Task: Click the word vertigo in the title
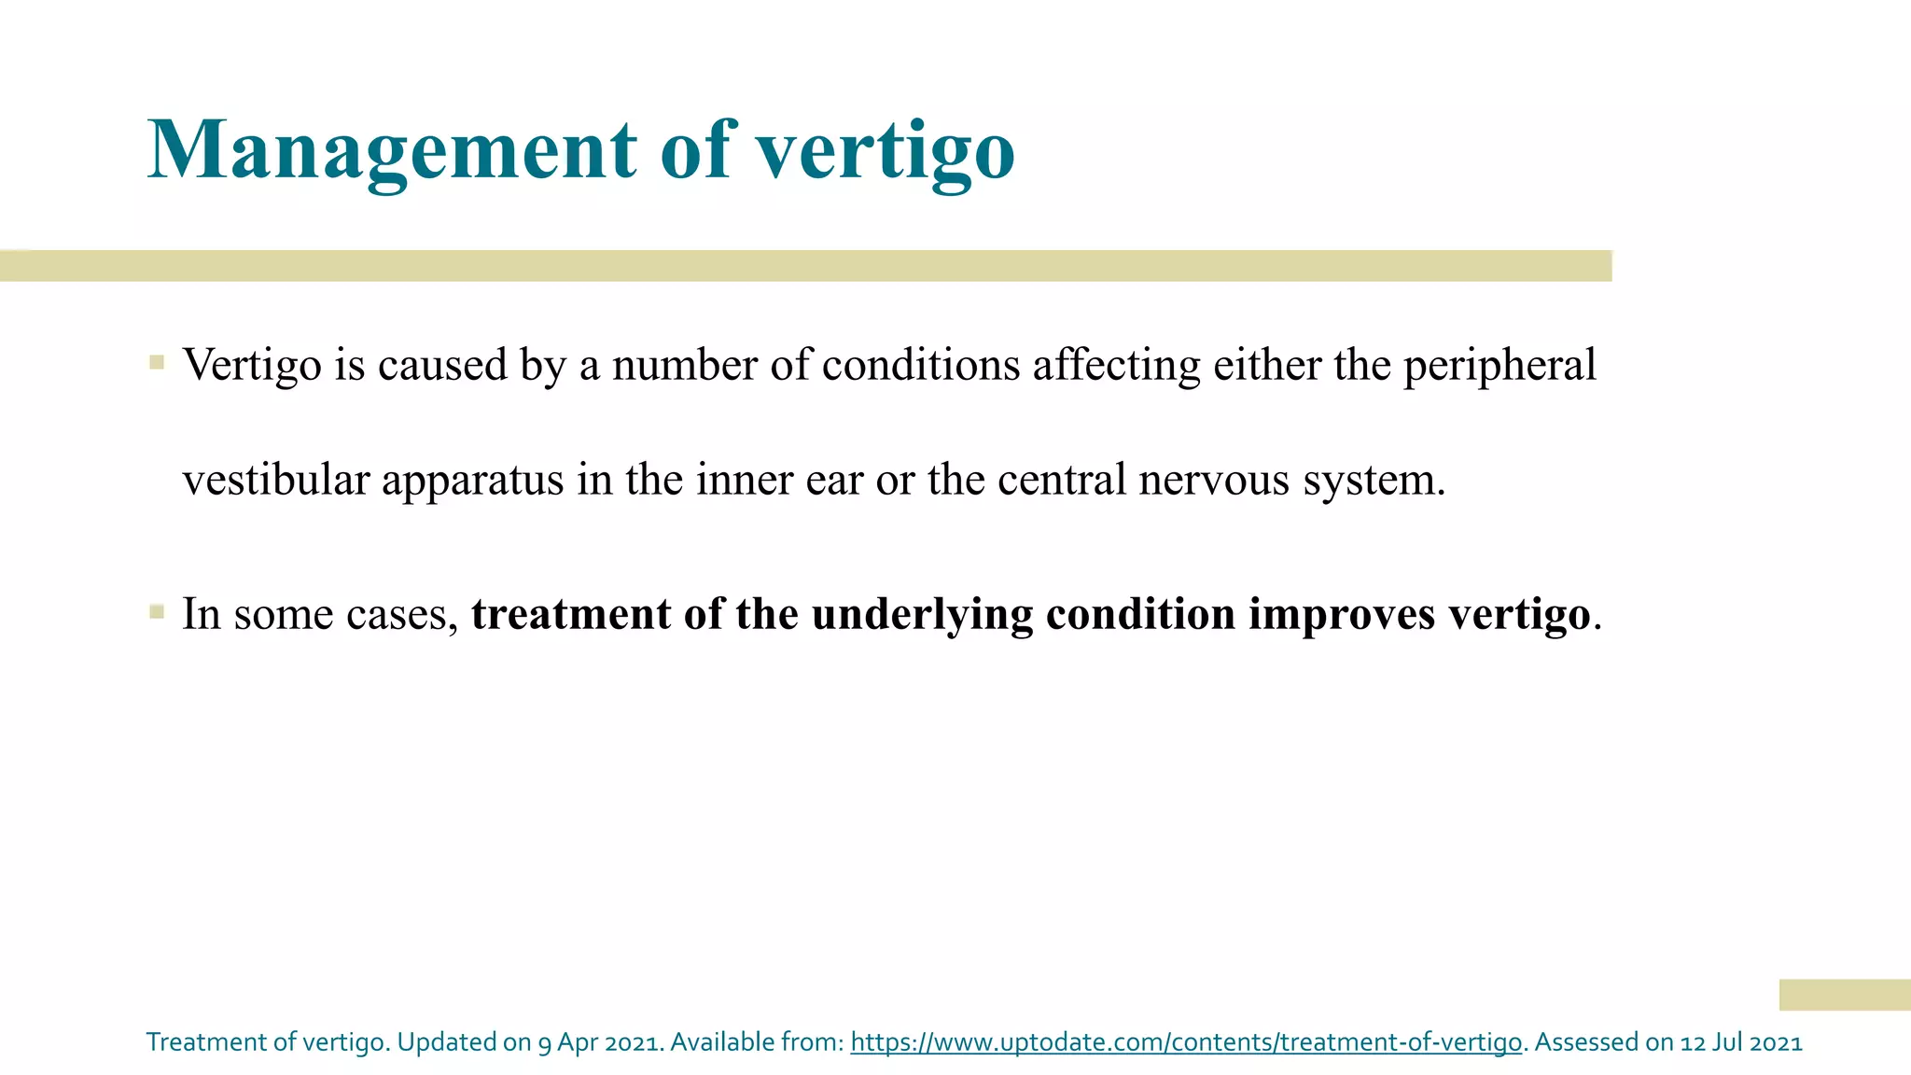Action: click(885, 151)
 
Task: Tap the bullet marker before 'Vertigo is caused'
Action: click(157, 362)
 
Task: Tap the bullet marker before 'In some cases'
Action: click(157, 612)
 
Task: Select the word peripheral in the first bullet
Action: click(1500, 366)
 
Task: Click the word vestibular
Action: click(276, 480)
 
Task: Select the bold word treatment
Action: click(571, 614)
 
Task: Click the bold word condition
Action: click(1140, 614)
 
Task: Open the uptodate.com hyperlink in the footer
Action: click(1185, 1042)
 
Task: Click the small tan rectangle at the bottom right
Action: click(1844, 995)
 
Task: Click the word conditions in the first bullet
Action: click(920, 366)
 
